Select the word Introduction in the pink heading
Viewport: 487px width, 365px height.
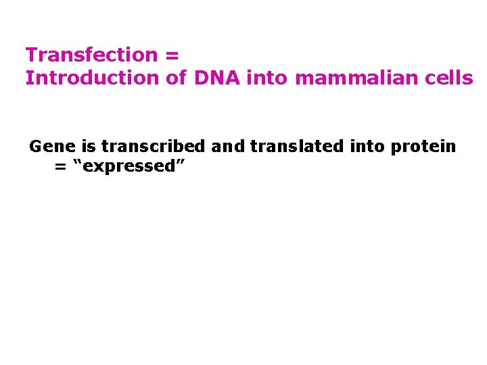pyautogui.click(x=92, y=78)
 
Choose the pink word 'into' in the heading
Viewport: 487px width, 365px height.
pyautogui.click(x=268, y=78)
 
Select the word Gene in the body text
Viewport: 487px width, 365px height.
pyautogui.click(x=47, y=147)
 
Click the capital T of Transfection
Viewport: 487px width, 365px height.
pyautogui.click(x=31, y=55)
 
